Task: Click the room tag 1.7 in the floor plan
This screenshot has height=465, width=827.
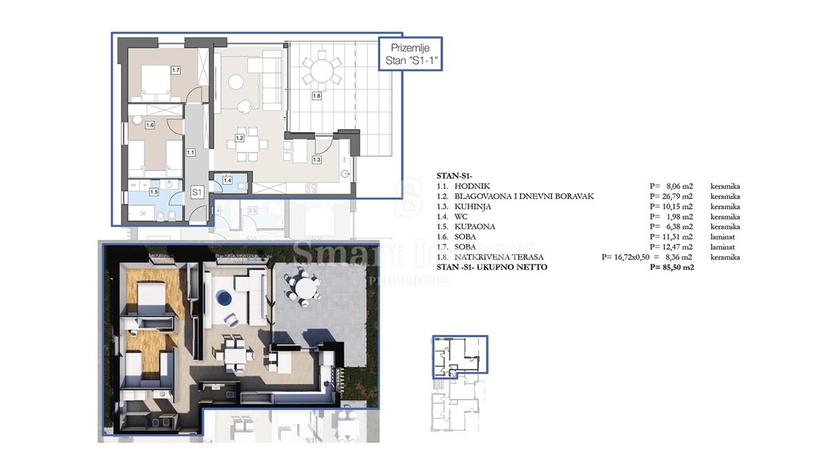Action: [176, 70]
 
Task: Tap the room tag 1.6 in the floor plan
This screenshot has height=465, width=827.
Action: [149, 125]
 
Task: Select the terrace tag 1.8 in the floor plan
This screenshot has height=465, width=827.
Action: [316, 96]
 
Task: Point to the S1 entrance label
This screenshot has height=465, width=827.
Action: [196, 192]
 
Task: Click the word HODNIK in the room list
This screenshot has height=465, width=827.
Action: [471, 186]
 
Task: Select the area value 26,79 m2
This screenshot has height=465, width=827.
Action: [672, 196]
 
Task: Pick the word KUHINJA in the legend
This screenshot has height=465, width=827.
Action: [473, 206]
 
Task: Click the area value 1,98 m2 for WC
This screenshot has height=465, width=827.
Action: [672, 216]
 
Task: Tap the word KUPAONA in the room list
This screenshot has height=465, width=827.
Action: [476, 226]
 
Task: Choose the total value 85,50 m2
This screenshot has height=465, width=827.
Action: [672, 267]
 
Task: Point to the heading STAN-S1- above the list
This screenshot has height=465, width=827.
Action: [455, 176]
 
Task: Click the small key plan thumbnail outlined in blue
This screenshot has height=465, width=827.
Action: [460, 357]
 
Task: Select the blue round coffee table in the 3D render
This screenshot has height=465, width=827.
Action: [224, 298]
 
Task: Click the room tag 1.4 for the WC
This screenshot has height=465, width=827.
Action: [227, 181]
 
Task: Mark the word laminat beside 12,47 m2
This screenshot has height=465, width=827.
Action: [724, 247]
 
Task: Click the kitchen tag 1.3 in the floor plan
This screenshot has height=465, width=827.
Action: [316, 160]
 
